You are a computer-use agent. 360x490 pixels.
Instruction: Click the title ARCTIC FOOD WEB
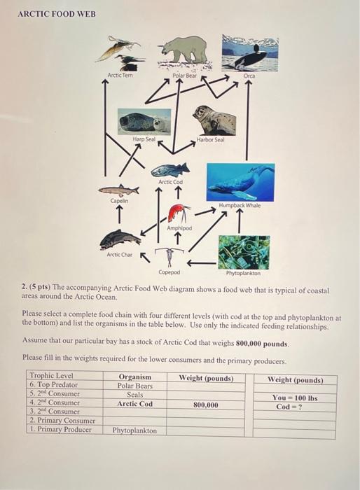[x=57, y=14]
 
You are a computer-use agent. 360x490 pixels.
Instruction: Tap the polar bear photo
[x=184, y=52]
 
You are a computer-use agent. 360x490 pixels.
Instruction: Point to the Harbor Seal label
[x=210, y=139]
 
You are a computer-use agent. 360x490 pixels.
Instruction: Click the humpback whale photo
[x=240, y=181]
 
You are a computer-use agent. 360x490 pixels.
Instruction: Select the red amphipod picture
[x=179, y=213]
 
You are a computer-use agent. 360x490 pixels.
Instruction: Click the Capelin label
[x=119, y=200]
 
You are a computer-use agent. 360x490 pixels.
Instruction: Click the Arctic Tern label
[x=119, y=75]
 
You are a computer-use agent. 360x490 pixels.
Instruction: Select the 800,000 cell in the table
[x=205, y=404]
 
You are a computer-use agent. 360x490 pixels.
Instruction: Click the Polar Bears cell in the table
[x=135, y=386]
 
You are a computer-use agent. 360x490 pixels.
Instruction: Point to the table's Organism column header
[x=135, y=377]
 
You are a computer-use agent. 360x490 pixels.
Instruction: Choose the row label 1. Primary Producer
[x=60, y=429]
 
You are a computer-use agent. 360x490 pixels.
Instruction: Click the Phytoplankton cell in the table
[x=135, y=430]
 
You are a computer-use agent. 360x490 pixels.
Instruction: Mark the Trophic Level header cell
[x=51, y=377]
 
